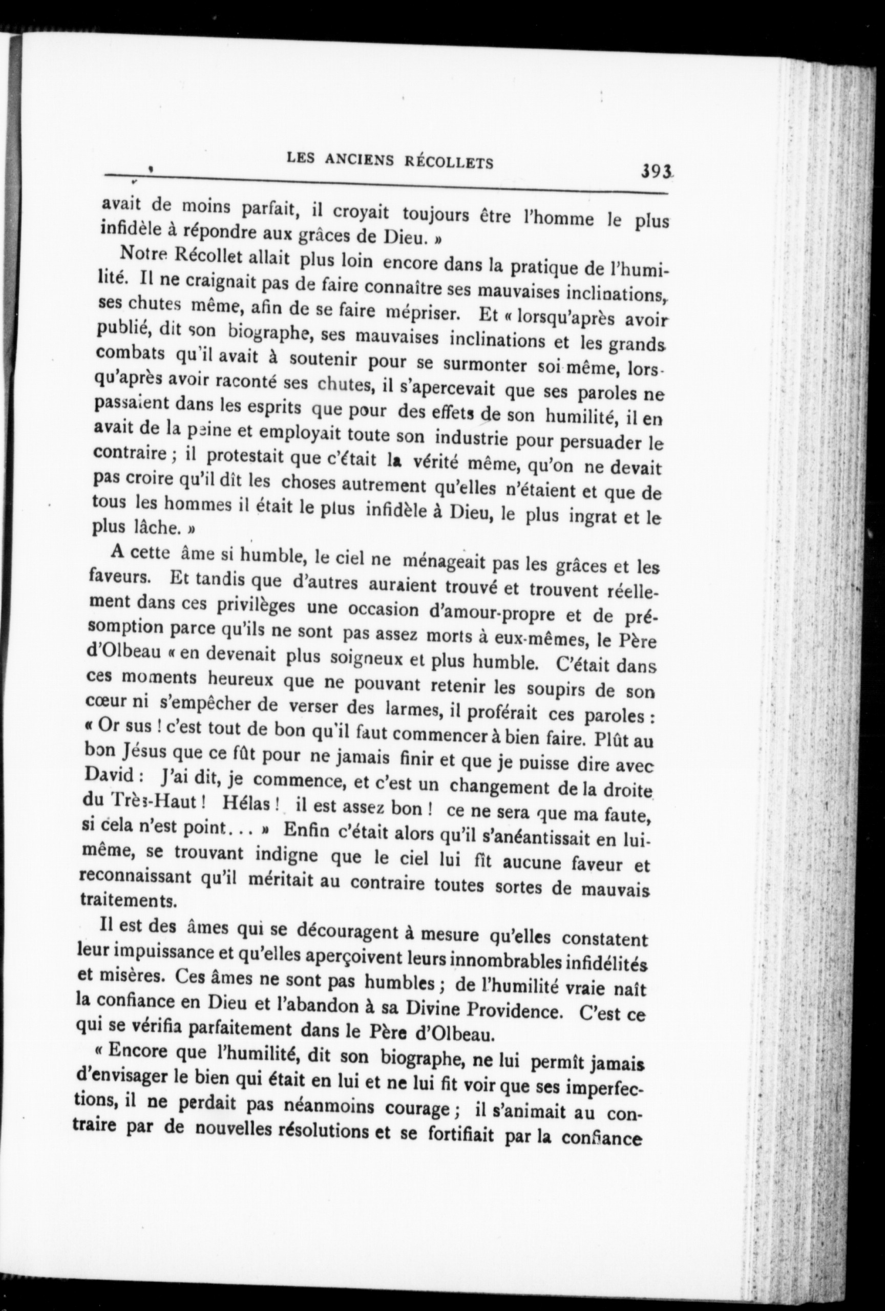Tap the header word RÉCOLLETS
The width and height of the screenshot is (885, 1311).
(450, 162)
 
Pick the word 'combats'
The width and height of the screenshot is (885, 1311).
(122, 353)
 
